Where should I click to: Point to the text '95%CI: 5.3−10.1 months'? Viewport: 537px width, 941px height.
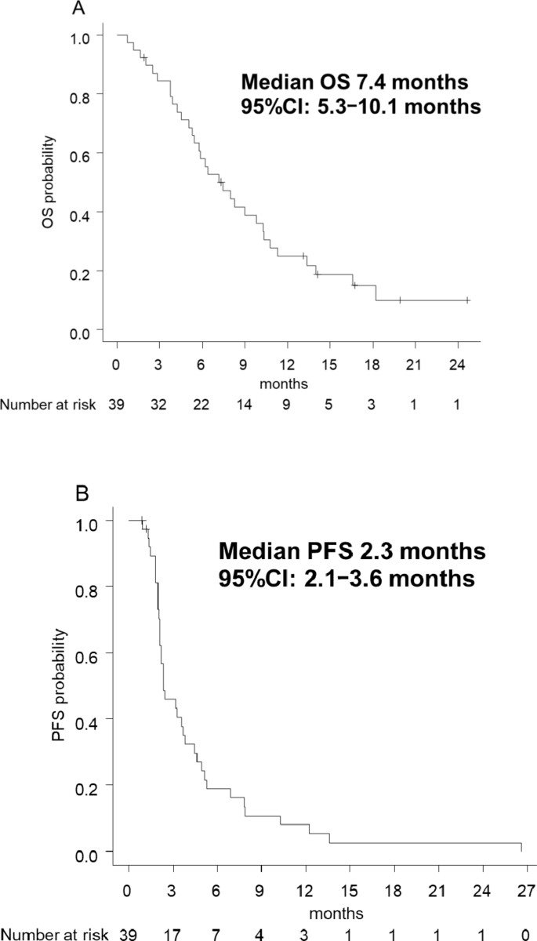tap(361, 107)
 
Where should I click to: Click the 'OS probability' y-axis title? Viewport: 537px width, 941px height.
tap(49, 183)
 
